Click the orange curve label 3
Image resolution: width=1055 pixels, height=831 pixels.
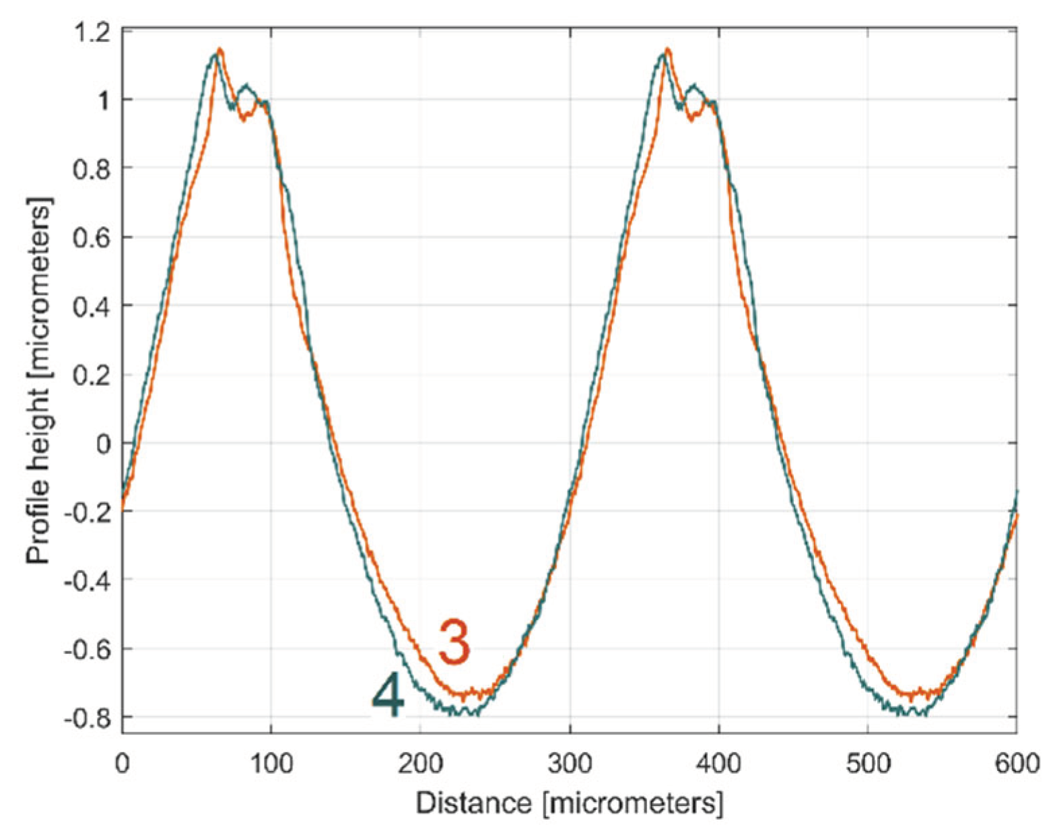(454, 642)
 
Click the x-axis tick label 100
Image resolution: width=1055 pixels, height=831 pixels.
(271, 764)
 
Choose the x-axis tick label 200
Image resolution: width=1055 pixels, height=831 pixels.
(420, 764)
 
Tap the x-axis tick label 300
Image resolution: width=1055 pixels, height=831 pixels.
(570, 764)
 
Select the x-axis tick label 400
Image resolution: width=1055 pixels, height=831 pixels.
(718, 764)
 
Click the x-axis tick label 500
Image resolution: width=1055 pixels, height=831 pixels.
(868, 764)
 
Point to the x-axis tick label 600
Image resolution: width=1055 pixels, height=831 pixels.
(1017, 764)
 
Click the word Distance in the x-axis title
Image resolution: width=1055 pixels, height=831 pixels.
(473, 803)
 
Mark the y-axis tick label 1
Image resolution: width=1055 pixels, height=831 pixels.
(104, 99)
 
